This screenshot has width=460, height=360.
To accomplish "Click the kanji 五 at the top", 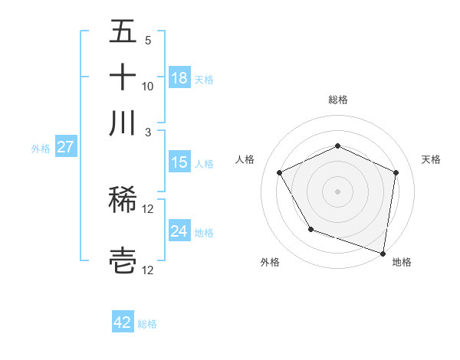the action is pyautogui.click(x=123, y=32).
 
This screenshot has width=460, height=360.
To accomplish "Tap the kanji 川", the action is pyautogui.click(x=123, y=122).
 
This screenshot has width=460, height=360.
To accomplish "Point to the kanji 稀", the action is pyautogui.click(x=123, y=201).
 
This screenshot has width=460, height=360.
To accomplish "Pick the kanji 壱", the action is pyautogui.click(x=123, y=260).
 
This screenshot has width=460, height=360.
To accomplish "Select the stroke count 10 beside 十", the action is pyautogui.click(x=147, y=86).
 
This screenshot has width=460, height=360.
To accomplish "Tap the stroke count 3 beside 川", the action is pyautogui.click(x=147, y=131).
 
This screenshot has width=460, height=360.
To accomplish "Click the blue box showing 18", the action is pyautogui.click(x=179, y=78).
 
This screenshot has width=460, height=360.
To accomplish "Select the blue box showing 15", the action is pyautogui.click(x=179, y=162).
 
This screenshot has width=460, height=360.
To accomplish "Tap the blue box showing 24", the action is pyautogui.click(x=179, y=231).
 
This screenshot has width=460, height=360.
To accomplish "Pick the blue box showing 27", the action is pyautogui.click(x=65, y=147).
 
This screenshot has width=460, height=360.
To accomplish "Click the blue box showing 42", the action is pyautogui.click(x=123, y=322).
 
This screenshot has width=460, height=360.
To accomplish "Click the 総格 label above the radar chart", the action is pyautogui.click(x=337, y=100).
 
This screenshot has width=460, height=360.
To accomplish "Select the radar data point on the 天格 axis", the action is pyautogui.click(x=396, y=172).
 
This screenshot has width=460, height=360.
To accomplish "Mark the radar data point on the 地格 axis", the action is pyautogui.click(x=383, y=253).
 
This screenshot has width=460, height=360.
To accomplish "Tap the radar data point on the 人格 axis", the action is pyautogui.click(x=280, y=172).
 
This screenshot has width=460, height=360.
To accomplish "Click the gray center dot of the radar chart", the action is pyautogui.click(x=337, y=191).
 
